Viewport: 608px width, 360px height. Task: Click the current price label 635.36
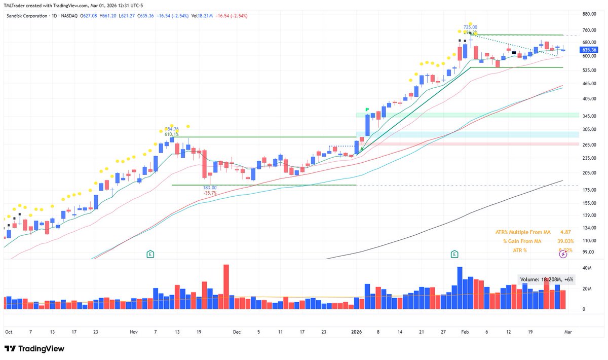tap(589, 50)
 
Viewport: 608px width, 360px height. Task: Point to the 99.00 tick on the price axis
tap(588, 251)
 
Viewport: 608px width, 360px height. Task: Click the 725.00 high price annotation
tap(470, 27)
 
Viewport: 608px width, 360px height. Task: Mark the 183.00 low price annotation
tap(210, 188)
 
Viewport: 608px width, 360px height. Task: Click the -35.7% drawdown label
tap(210, 193)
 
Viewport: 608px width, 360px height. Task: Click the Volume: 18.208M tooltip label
tap(546, 279)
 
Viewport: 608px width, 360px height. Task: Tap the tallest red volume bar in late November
tap(226, 287)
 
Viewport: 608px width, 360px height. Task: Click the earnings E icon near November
tap(150, 254)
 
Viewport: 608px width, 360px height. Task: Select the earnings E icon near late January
tap(454, 254)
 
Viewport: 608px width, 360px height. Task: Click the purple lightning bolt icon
tap(563, 254)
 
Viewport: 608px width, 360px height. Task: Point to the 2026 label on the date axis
tap(357, 332)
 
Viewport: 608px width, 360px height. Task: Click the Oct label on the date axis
tap(9, 332)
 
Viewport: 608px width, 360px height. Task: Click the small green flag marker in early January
tap(366, 109)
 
